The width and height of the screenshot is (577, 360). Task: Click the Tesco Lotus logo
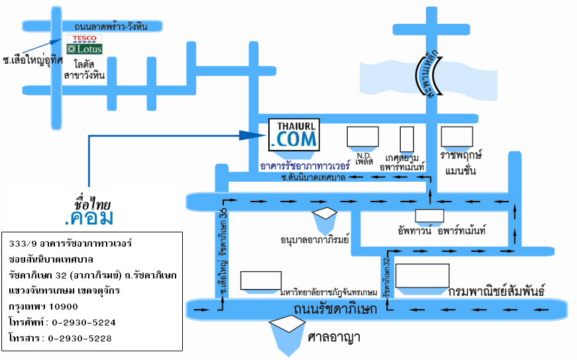point(84,44)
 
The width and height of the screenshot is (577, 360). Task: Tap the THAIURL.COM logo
point(294,134)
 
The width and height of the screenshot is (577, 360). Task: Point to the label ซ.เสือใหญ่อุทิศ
point(32,60)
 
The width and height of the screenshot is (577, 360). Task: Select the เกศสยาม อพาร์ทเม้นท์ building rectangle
point(407,139)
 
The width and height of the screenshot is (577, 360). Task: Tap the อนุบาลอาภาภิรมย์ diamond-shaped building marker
point(325,213)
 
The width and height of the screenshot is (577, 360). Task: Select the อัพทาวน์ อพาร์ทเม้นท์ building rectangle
point(429,215)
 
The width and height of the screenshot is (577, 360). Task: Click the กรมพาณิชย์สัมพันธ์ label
point(496,291)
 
